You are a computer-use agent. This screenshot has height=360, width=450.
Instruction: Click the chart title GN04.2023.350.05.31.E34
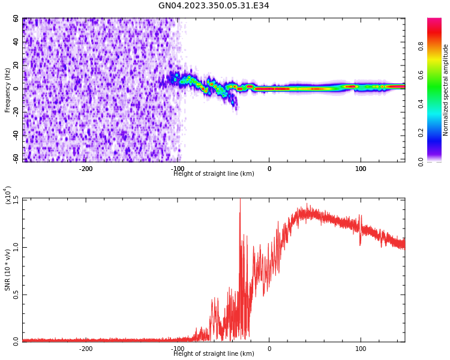click(x=214, y=6)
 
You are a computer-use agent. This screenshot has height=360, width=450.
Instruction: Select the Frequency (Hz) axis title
click(x=8, y=89)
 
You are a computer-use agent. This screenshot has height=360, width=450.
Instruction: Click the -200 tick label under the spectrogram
click(x=86, y=169)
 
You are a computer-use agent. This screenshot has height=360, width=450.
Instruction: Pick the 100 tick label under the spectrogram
click(x=361, y=169)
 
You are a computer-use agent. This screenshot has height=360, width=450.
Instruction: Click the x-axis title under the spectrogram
click(x=214, y=174)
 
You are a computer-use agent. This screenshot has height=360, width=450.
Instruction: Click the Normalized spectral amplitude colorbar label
click(x=446, y=89)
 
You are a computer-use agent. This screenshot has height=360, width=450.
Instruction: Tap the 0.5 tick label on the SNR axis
click(x=16, y=295)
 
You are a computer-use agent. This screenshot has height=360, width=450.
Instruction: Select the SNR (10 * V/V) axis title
click(x=8, y=269)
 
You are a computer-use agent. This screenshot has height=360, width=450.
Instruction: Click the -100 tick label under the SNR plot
click(x=178, y=349)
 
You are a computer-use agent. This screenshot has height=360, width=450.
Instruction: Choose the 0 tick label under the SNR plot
click(x=269, y=349)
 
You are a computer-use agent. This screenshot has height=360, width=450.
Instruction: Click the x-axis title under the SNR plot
click(x=214, y=354)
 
